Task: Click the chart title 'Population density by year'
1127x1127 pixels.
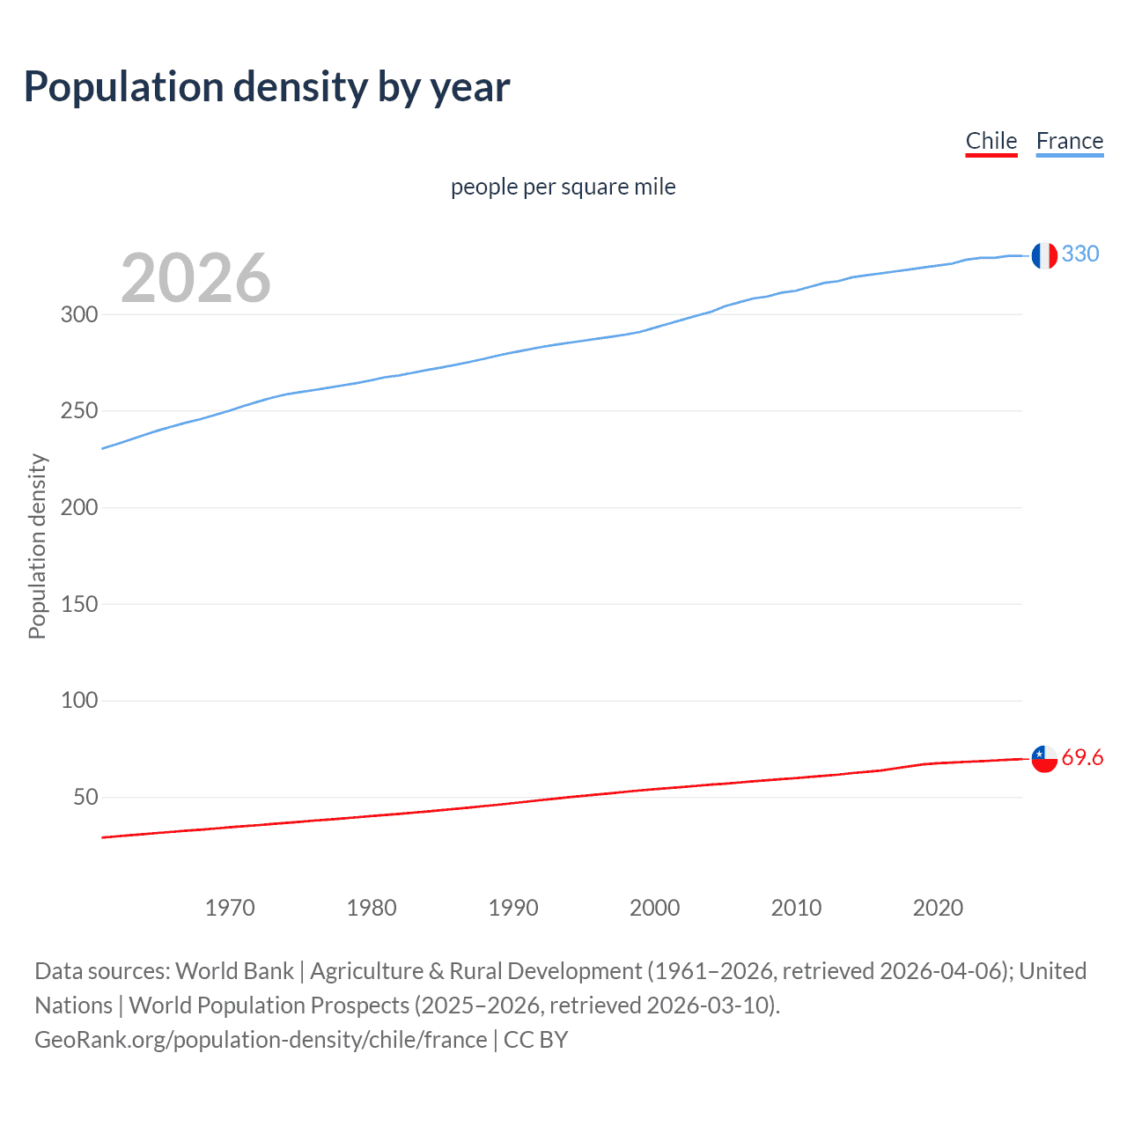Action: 267,87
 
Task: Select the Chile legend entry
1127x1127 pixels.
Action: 991,141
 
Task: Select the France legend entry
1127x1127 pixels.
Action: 1069,141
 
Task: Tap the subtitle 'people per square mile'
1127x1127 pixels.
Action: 563,188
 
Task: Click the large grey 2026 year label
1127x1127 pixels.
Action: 195,278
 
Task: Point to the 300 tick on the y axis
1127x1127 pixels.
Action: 79,314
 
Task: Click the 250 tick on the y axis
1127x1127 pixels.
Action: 79,411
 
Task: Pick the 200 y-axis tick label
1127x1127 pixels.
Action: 79,507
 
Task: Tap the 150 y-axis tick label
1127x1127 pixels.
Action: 79,604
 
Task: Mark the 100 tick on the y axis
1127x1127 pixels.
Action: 79,701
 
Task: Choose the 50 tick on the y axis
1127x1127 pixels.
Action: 85,797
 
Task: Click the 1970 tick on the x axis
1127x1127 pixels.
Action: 230,908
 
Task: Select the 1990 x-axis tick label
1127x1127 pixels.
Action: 513,908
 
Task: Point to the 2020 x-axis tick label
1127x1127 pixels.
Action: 938,908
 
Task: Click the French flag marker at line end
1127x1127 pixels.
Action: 1044,255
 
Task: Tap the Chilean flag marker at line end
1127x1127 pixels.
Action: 1044,758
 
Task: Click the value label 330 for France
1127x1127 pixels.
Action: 1080,254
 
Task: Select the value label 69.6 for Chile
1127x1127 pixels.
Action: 1082,758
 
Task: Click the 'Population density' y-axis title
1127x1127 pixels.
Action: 37,546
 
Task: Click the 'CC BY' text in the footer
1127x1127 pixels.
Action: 535,1040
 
